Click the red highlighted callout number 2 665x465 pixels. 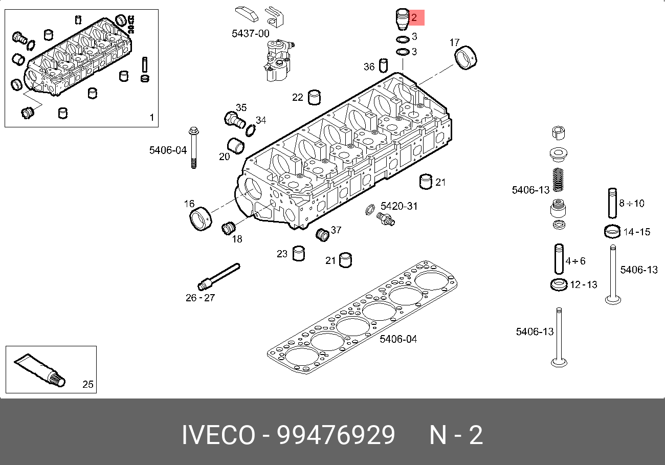(414, 18)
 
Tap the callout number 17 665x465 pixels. (455, 42)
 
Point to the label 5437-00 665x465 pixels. (250, 34)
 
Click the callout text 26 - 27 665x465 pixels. (200, 297)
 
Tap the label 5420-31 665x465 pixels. (399, 206)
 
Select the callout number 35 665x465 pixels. (241, 107)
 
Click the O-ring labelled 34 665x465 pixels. (250, 130)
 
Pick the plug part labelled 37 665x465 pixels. (323, 235)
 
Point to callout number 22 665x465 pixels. (298, 97)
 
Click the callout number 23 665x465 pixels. (282, 254)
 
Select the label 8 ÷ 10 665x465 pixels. (631, 203)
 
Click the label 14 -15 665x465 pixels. (636, 232)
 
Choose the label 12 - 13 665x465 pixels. (583, 284)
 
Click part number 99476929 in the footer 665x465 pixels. (336, 435)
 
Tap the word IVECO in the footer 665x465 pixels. (218, 435)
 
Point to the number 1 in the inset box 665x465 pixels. (151, 118)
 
